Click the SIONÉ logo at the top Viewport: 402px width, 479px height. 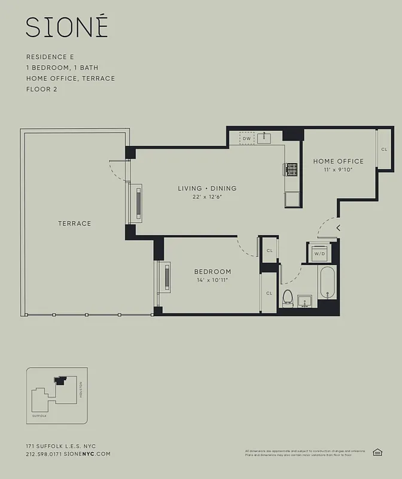coord(66,28)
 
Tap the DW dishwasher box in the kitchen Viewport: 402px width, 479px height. coord(247,138)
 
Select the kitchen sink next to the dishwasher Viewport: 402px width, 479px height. coord(264,138)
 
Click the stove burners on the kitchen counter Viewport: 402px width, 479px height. coord(291,171)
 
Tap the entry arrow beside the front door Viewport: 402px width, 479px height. coord(339,228)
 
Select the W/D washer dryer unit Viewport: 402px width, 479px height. coord(319,253)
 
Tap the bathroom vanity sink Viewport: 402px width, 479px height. coord(306,301)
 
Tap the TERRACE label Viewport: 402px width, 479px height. coord(75,223)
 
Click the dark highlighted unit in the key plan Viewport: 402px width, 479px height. coord(60,380)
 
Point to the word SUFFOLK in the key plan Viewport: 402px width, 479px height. coord(39,414)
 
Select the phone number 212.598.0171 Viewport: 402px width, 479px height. coord(42,454)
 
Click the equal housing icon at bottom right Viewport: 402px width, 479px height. coord(377,452)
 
